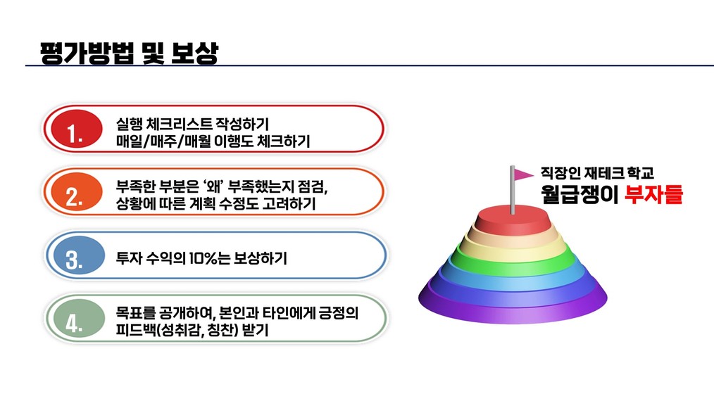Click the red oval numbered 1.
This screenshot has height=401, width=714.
[x=77, y=129]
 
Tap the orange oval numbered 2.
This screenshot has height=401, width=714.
[x=77, y=191]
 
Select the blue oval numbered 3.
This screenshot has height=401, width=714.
[x=79, y=255]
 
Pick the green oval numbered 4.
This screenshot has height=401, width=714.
[x=79, y=318]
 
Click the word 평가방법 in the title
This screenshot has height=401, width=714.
[x=87, y=53]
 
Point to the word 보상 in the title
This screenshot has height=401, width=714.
[x=195, y=53]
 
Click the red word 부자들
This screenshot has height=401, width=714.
[x=653, y=194]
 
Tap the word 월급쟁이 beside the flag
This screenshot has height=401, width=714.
[x=580, y=194]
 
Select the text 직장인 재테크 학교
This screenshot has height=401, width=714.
[x=597, y=173]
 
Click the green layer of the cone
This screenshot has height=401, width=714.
[x=513, y=258]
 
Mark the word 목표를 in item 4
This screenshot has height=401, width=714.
[x=136, y=312]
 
